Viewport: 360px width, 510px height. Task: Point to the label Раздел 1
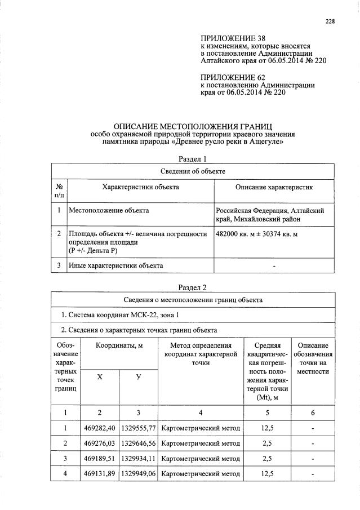pos(193,158)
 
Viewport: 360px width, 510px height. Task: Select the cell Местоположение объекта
pos(109,210)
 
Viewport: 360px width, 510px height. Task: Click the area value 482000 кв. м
pos(240,233)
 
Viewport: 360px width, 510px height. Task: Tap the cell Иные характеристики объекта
pos(115,264)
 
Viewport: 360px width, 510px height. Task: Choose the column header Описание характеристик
pos(273,187)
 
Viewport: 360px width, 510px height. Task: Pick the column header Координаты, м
pos(119,344)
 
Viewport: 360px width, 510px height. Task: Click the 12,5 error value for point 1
pos(268,428)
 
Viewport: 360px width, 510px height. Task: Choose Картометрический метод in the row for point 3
pos(201,458)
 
